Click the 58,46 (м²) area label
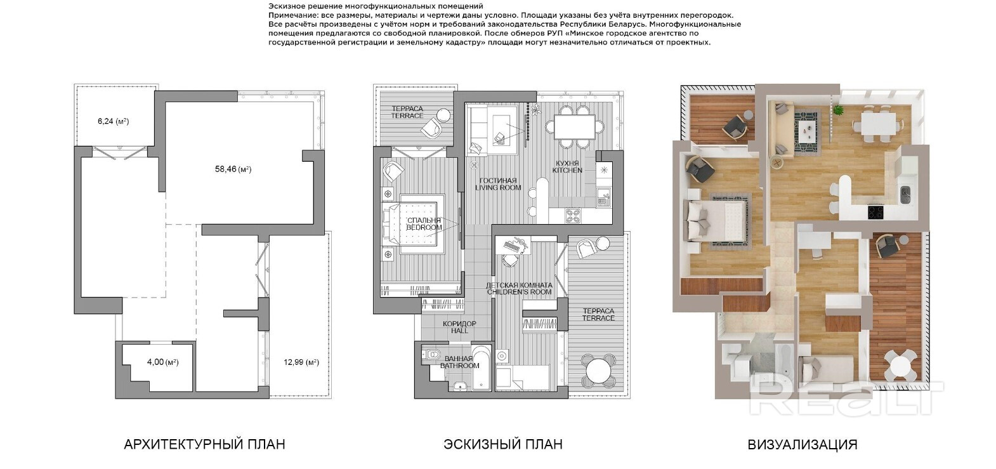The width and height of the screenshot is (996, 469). tap(233, 169)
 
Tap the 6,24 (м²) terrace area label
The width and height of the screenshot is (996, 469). tap(114, 121)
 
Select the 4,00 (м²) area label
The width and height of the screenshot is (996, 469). tap(163, 362)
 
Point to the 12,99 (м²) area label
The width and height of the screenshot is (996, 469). tap(301, 362)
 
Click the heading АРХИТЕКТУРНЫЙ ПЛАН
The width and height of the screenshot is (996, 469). tap(204, 444)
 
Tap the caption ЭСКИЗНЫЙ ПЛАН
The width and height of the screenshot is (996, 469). tap(503, 444)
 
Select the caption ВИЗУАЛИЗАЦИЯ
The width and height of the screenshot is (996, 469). tap(803, 444)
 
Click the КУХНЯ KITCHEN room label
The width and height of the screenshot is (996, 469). tap(567, 166)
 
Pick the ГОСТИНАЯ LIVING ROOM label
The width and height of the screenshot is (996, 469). tap(498, 184)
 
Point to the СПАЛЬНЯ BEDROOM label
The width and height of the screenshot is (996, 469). tap(424, 224)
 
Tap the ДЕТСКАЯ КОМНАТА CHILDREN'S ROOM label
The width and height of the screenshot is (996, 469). tap(520, 288)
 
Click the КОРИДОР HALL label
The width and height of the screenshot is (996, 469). tap(459, 327)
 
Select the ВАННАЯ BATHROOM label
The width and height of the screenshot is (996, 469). tap(459, 362)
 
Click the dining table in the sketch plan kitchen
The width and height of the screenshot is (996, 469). tap(575, 127)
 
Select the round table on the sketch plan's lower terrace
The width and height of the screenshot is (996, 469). tap(598, 370)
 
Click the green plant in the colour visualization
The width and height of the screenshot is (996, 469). tap(838, 110)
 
